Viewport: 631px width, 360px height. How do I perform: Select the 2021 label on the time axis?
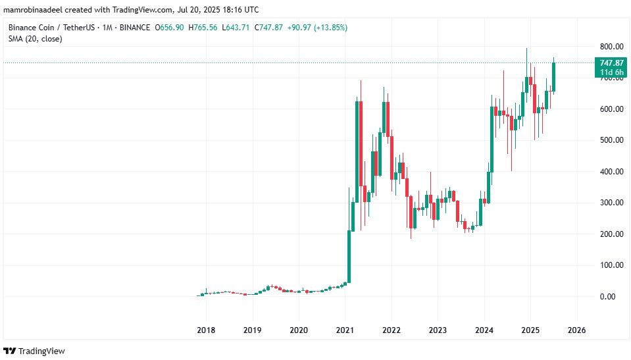tap(345, 329)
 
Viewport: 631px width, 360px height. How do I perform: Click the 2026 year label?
tap(577, 329)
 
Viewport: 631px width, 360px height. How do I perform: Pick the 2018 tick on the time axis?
tap(207, 329)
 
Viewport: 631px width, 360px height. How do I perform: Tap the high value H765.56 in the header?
tap(206, 28)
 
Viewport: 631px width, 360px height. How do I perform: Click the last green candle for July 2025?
tap(554, 77)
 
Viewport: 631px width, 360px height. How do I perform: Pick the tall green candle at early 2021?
tap(349, 257)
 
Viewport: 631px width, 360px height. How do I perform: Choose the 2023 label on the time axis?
tap(438, 329)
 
